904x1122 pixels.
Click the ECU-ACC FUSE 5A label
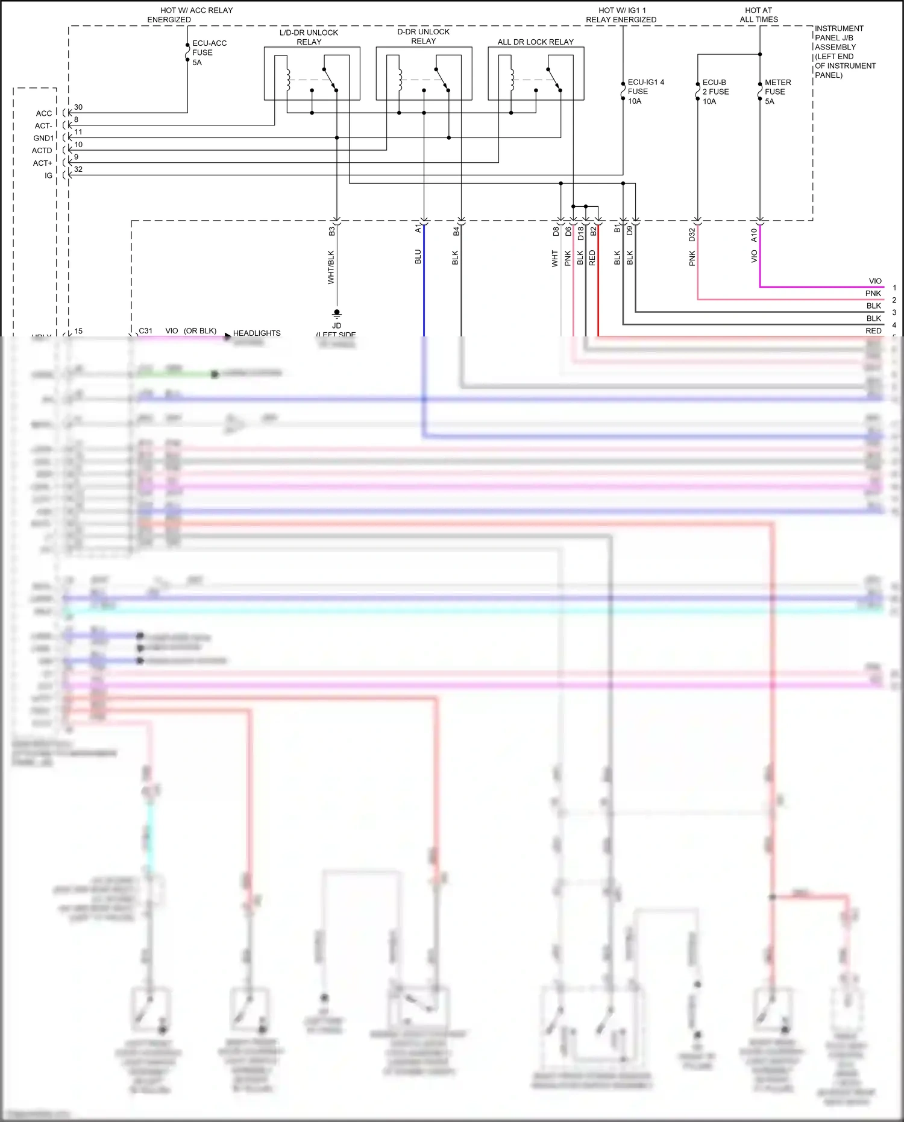click(209, 53)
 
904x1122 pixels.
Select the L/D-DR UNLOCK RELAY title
click(309, 37)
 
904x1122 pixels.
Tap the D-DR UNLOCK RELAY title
click(423, 36)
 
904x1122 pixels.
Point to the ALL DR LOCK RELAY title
click(535, 42)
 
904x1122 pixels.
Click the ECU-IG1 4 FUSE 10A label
click(645, 92)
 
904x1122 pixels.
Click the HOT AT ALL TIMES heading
click(759, 15)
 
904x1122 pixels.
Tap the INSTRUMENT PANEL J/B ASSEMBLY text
click(844, 52)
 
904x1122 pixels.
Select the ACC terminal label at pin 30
click(44, 113)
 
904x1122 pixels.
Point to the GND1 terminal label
click(43, 138)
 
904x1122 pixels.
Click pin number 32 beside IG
click(78, 169)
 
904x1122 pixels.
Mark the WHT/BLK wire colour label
click(331, 267)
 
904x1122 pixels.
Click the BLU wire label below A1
click(418, 257)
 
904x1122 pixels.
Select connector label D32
click(692, 235)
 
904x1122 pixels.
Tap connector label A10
click(754, 235)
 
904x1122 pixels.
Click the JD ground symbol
click(337, 314)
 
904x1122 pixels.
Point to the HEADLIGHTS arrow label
click(256, 333)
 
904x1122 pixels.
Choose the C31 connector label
click(146, 331)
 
